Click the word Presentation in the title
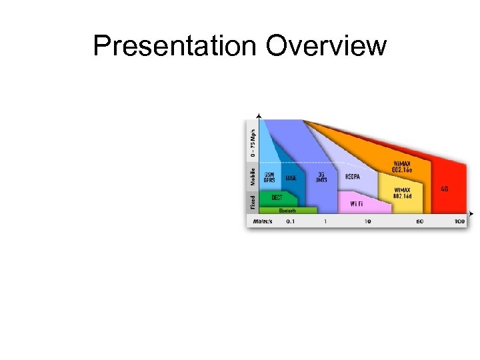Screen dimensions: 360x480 coord(175,47)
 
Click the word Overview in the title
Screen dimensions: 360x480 coord(326,47)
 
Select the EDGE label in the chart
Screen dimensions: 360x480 coord(291,178)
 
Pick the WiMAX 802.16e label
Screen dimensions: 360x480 coord(401,167)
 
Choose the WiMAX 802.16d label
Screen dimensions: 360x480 coord(401,193)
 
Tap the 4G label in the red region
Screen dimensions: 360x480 coord(445,189)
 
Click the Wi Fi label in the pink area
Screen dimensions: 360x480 coord(357,203)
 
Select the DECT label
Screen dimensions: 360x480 coord(277,197)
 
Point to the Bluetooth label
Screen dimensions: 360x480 coord(287,210)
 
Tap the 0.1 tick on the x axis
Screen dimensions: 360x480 coord(290,221)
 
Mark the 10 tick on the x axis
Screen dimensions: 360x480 coord(368,221)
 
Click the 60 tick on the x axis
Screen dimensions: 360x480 coord(420,221)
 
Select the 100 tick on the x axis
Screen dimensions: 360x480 coord(459,221)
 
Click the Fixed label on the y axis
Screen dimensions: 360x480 coord(253,201)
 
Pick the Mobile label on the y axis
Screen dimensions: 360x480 coord(253,177)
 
